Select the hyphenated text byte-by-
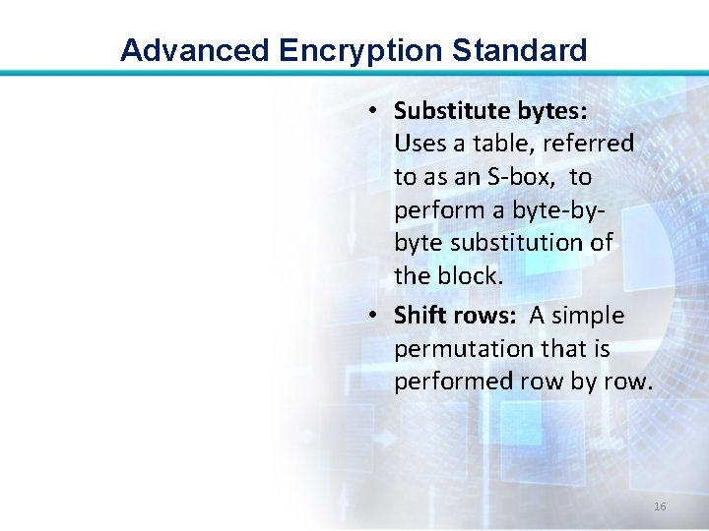tap(551, 210)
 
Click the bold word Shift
tap(419, 316)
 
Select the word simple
tap(589, 316)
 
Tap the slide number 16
tap(660, 506)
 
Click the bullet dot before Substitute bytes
tap(375, 110)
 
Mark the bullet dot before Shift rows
tap(375, 316)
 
